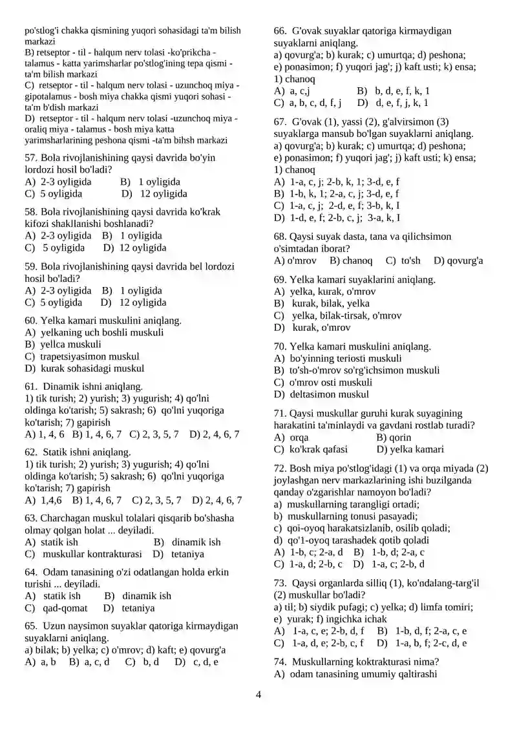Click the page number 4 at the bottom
(x=258, y=695)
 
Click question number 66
(x=280, y=30)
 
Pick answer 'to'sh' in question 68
(x=410, y=261)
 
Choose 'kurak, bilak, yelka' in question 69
(x=331, y=303)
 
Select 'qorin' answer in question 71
(x=401, y=438)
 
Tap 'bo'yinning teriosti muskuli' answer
(x=346, y=358)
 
